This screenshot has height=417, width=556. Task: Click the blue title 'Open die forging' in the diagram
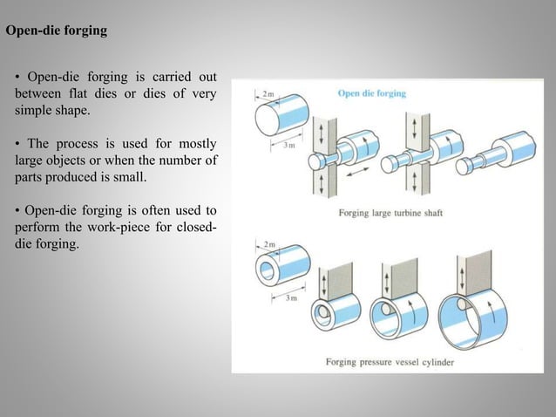[x=371, y=93]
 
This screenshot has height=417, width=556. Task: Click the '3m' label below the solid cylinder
[x=295, y=146]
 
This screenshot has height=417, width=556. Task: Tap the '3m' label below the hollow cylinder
[x=295, y=298]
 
